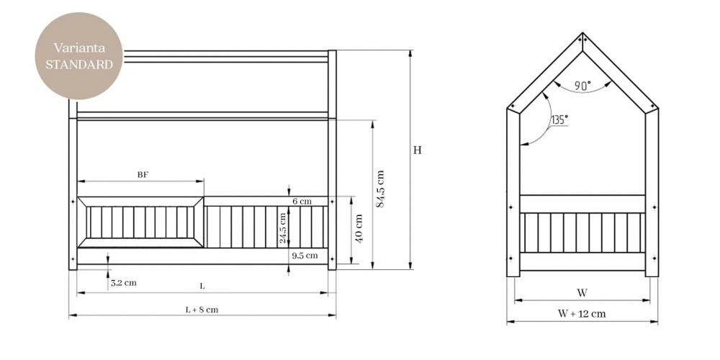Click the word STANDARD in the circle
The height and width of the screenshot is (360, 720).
[x=78, y=64]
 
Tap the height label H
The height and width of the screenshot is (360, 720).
[x=418, y=150]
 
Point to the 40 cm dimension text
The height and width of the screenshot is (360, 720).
[x=359, y=228]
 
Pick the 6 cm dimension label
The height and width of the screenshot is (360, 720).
[x=302, y=201]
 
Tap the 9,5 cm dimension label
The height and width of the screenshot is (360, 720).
[x=305, y=256]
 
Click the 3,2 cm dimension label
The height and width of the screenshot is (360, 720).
[x=124, y=283]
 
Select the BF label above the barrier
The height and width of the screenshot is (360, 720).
[x=143, y=175]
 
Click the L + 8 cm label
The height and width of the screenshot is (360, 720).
[x=202, y=310]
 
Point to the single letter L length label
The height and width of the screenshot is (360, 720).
[x=202, y=287]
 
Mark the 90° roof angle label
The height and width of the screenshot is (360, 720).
[x=583, y=85]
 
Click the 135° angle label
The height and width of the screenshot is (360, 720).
[x=559, y=119]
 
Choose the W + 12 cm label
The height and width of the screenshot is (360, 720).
[x=582, y=313]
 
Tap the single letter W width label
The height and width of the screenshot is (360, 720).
[x=582, y=293]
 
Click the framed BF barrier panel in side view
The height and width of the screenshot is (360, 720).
[x=140, y=222]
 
